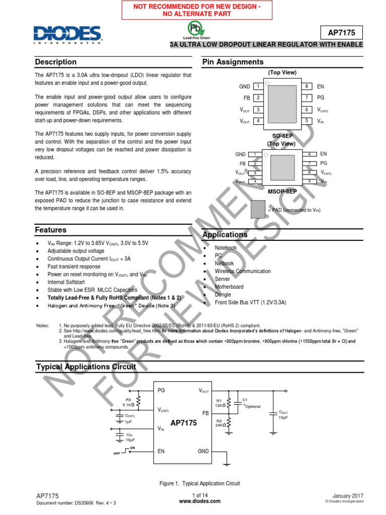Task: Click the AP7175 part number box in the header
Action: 342,33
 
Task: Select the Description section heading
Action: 56,62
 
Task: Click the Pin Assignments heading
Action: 233,62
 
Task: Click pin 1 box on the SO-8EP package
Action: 258,87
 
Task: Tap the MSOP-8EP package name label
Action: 282,192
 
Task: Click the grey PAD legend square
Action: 258,208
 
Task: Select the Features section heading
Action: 51,230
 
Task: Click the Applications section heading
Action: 225,235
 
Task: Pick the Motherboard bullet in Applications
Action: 229,287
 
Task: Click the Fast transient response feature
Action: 74,267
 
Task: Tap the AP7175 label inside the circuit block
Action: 183,423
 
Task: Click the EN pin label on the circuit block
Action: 161,451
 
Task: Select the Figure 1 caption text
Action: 200,483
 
